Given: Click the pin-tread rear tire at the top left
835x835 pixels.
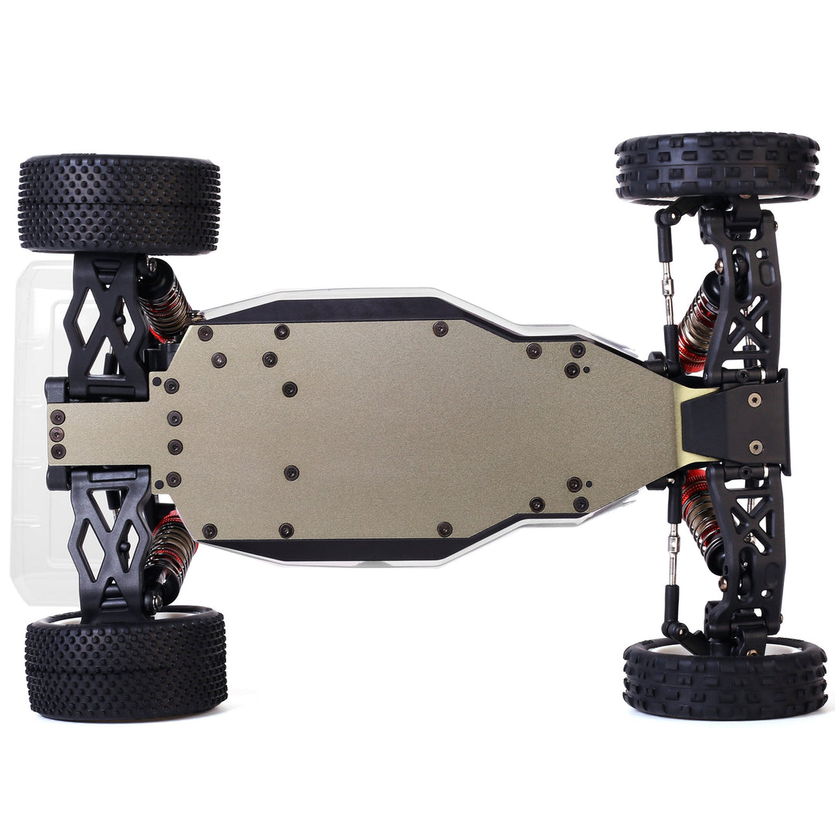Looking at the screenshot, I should pyautogui.click(x=119, y=204).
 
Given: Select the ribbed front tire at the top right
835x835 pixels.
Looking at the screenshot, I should pyautogui.click(x=717, y=167).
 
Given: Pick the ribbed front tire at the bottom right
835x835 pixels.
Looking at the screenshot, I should pyautogui.click(x=724, y=678).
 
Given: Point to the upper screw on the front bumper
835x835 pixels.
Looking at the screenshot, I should pyautogui.click(x=754, y=399).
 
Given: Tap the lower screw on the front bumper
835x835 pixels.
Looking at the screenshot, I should pyautogui.click(x=755, y=447).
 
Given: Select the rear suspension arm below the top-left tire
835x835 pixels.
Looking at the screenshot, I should pyautogui.click(x=106, y=325).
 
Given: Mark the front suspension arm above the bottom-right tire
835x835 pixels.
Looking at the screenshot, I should pyautogui.click(x=742, y=541).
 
